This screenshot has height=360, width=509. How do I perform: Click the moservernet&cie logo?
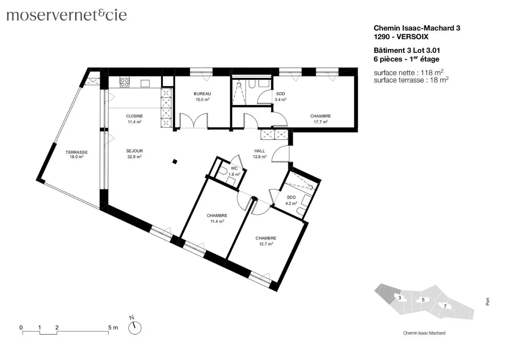pos(66,15)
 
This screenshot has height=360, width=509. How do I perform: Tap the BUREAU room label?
pos(202,96)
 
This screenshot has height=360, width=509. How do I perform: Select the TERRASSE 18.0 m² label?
pos(76,154)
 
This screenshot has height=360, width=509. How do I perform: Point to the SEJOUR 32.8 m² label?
pos(134,154)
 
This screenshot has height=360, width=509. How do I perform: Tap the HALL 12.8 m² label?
pos(259,154)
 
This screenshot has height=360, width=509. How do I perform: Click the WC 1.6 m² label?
pos(234,171)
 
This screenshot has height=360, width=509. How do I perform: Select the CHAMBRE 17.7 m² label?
pos(320,119)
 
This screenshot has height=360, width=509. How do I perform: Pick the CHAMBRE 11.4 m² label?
pos(217,218)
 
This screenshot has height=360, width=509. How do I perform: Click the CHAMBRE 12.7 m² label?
pos(266,241)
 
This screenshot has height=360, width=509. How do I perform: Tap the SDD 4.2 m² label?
pos(291,200)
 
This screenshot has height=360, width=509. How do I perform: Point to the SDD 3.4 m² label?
pos(280,96)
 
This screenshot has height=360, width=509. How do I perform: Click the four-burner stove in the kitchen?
pos(124,83)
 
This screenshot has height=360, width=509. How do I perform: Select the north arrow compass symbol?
pos(134,327)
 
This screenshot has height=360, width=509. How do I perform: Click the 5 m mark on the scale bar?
pos(113,328)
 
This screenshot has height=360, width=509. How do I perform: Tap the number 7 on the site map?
pos(445,306)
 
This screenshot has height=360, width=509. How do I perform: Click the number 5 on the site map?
pos(423,300)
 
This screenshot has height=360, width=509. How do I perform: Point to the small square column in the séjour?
pos(175,162)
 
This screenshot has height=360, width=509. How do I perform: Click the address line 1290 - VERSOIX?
pos(401,36)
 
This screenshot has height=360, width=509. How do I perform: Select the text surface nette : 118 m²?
pos(408,73)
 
